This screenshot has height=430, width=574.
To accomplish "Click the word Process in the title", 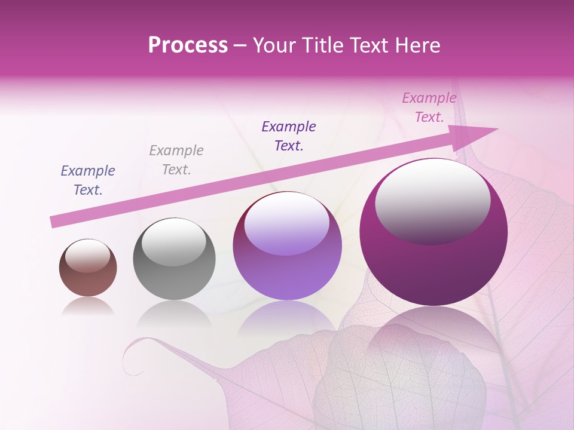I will tap(188, 45).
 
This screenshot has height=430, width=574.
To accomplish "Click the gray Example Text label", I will tap(176, 159).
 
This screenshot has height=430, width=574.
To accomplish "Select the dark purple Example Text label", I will tap(289, 136).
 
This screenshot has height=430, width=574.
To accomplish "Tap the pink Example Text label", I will tap(429, 107).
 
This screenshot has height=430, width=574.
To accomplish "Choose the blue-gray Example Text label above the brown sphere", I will tap(88, 180).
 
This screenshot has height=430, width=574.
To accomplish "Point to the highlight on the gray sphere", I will tap(174, 242).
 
